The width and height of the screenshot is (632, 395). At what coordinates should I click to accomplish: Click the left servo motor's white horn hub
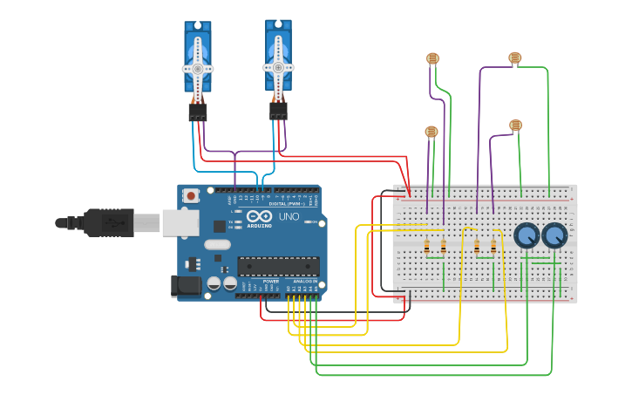(198, 68)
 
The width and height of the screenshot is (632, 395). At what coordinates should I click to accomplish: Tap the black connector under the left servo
(198, 112)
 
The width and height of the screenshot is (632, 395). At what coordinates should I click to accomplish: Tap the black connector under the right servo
(278, 111)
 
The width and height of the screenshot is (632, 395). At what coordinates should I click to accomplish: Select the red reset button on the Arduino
(190, 197)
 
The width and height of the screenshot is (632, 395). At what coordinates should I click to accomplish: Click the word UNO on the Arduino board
(288, 216)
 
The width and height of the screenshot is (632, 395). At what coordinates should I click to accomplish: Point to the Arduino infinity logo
(260, 215)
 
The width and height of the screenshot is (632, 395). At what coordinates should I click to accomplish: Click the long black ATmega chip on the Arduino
(278, 266)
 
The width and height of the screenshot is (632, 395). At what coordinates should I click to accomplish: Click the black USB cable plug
(109, 222)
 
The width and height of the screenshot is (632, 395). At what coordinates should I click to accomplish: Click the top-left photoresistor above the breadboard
(432, 58)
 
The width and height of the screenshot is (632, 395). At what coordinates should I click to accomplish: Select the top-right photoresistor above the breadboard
(514, 58)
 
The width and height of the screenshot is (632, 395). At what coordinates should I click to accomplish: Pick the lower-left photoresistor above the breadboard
(431, 132)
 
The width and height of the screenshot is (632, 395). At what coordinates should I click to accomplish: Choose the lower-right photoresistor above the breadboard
(515, 126)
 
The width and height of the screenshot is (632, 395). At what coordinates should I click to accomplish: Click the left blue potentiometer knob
(527, 235)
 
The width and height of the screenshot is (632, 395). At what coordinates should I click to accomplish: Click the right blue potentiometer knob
(554, 235)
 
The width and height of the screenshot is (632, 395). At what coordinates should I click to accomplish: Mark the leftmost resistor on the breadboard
(426, 247)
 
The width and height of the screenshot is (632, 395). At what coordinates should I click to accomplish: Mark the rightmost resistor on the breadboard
(493, 247)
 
